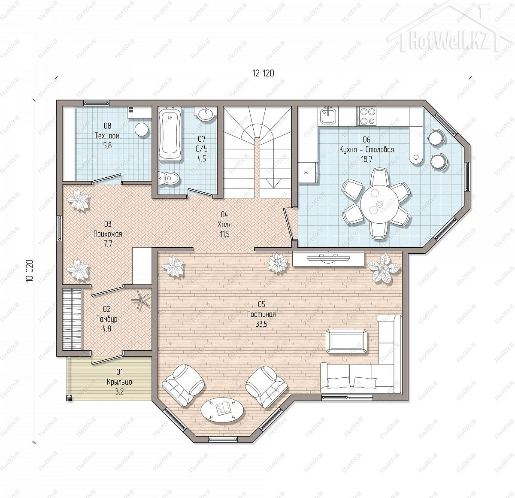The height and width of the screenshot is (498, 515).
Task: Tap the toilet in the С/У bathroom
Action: click(170, 178)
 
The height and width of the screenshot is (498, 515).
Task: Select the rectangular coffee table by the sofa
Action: click(347, 341)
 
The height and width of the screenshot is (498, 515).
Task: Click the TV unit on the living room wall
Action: click(328, 259)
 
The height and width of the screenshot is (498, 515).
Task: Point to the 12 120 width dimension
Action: click(264, 73)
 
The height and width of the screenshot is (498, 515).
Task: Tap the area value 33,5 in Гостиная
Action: click(261, 324)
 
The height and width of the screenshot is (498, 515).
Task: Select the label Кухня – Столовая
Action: click(367, 149)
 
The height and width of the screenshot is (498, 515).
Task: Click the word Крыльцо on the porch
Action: click(119, 383)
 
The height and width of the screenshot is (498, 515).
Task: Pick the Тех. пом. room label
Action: click(107, 136)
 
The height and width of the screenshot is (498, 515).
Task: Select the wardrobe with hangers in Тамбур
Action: click(72, 319)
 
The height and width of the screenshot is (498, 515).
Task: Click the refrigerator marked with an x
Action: click(308, 172)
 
